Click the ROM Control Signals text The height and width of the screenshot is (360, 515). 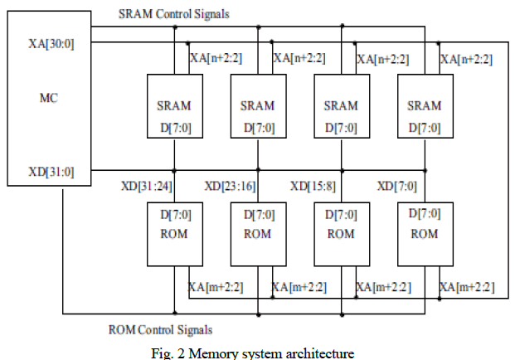point(160,329)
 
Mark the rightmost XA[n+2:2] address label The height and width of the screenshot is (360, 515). point(467,59)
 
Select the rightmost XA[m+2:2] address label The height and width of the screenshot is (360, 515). point(467,287)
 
